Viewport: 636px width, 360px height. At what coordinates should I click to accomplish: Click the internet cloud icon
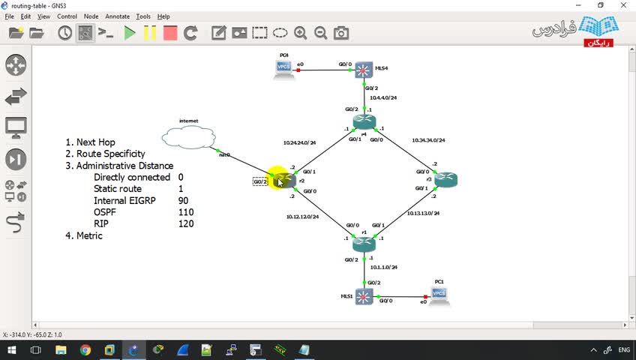(188, 137)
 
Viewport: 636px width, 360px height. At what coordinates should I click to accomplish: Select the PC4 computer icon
(284, 68)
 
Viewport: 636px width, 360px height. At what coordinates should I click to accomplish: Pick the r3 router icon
(445, 179)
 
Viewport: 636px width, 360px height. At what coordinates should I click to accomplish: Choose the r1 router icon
(364, 243)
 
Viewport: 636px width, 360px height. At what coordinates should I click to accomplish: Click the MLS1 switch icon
(364, 296)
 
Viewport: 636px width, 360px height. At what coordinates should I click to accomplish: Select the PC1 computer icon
(439, 295)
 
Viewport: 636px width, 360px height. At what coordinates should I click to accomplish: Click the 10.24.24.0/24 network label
(299, 142)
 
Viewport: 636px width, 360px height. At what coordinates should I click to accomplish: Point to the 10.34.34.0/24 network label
(428, 140)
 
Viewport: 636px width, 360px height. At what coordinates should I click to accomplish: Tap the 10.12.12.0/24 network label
(302, 217)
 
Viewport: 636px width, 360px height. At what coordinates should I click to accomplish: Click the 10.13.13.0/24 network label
(423, 214)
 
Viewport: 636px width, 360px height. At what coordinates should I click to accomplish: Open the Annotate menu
(117, 16)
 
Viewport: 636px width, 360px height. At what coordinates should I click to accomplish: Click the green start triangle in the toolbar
(130, 33)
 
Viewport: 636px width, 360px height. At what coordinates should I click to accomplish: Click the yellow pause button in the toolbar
(150, 33)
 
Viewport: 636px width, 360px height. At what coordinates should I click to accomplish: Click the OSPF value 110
(186, 212)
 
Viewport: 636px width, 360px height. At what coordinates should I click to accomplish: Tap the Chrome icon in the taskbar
(85, 350)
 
